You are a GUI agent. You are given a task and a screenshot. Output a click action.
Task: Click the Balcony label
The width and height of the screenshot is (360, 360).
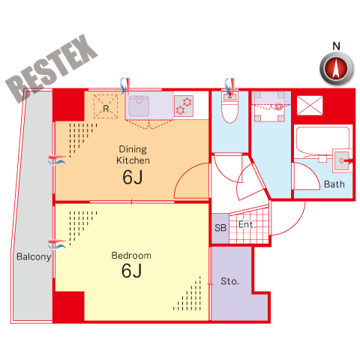click(34, 256)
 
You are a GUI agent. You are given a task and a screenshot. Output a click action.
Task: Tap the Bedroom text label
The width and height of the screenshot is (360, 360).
click(131, 256)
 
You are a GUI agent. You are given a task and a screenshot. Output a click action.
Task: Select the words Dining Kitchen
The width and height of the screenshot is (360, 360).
click(133, 154)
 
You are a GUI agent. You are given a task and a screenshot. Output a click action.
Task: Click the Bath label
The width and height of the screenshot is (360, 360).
click(334, 184)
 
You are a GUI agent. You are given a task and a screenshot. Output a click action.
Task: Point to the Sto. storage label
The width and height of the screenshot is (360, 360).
click(229, 281)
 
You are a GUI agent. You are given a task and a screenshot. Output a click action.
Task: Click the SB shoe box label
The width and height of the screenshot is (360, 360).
click(220, 228)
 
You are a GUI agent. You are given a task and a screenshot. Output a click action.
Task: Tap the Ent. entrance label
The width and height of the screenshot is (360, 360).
click(247, 224)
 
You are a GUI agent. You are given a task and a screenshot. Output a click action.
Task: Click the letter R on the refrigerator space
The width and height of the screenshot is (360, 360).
click(106, 109)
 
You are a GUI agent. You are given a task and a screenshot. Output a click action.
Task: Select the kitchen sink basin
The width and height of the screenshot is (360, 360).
click(139, 106)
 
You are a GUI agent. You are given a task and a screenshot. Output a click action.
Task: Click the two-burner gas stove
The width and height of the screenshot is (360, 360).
click(184, 106)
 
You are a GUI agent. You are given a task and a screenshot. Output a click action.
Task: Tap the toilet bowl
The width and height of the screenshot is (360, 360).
click(230, 108)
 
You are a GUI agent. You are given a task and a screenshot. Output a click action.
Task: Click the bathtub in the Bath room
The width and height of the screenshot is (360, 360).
click(322, 142)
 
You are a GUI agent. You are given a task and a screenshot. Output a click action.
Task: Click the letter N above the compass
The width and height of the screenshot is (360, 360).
click(336, 46)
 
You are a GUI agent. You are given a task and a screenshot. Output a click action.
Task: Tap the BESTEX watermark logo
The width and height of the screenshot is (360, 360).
click(51, 68)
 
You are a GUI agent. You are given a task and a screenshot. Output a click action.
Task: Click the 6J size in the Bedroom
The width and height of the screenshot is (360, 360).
click(132, 271)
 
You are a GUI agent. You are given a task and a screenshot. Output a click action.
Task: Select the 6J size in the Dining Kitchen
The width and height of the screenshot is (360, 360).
click(133, 177)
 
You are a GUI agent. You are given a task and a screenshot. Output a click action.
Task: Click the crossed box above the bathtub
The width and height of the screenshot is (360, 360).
click(310, 106)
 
